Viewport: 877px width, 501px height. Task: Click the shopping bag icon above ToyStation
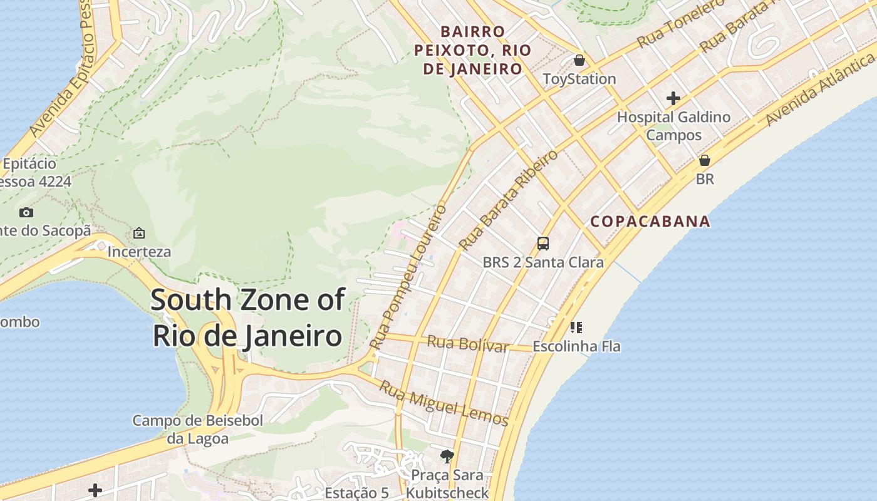(x=579, y=61)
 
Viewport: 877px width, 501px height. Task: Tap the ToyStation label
(x=579, y=79)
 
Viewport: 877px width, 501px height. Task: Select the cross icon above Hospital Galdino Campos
(x=673, y=98)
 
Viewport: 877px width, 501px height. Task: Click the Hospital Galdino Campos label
(x=674, y=126)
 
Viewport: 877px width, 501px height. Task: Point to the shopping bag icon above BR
(x=705, y=160)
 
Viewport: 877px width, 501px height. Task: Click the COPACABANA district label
(x=651, y=221)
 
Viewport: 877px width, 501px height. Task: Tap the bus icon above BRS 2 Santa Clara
(x=543, y=244)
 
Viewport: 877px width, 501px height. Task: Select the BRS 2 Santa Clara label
(x=543, y=262)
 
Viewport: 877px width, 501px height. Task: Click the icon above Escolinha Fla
(x=576, y=327)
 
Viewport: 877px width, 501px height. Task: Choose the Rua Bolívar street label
(x=467, y=344)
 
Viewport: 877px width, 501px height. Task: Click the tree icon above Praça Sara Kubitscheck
(x=447, y=456)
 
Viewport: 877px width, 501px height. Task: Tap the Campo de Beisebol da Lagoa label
(x=197, y=430)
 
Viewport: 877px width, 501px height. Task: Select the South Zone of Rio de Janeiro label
(x=247, y=318)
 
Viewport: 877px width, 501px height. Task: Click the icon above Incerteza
(x=139, y=234)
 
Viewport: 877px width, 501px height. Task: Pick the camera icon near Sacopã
(x=26, y=212)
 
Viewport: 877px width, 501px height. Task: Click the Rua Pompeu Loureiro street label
(x=408, y=276)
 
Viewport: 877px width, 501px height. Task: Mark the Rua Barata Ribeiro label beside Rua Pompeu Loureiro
(x=508, y=199)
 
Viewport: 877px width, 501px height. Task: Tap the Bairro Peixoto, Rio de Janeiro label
(x=473, y=50)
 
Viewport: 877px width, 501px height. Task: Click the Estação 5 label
(x=356, y=493)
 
